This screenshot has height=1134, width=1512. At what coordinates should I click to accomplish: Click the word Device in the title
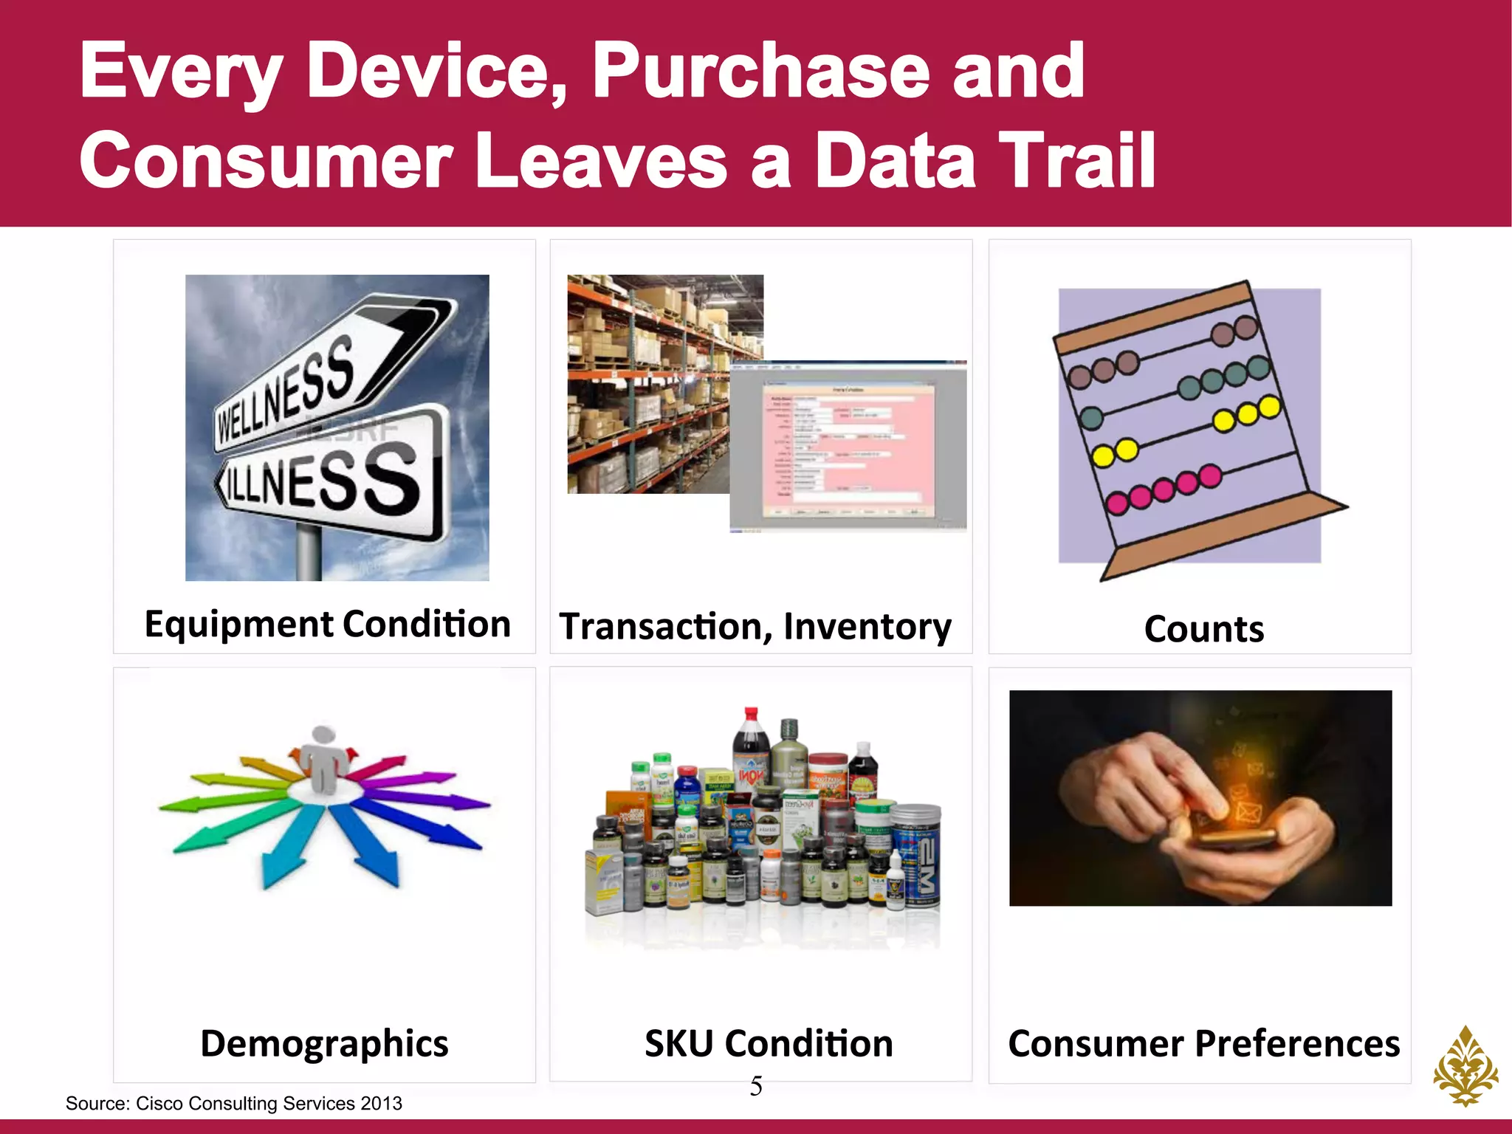click(436, 72)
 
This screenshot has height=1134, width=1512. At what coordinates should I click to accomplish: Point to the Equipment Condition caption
click(327, 625)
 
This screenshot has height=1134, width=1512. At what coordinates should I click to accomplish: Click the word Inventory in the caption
click(867, 627)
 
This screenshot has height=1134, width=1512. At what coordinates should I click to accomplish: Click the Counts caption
click(1203, 629)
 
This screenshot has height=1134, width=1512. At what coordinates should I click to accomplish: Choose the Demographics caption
click(324, 1044)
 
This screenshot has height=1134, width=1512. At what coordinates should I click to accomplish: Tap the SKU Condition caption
click(769, 1044)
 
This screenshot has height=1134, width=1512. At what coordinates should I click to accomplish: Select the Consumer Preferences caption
click(1203, 1044)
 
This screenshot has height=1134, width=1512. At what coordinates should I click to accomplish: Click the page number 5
click(756, 1086)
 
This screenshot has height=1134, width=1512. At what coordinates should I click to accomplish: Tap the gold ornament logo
click(1465, 1066)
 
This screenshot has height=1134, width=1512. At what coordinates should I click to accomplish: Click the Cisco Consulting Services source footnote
click(233, 1103)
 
